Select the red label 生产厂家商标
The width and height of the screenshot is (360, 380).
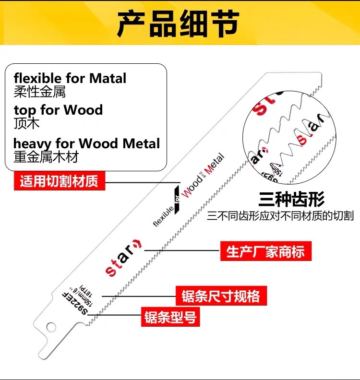point(265,251)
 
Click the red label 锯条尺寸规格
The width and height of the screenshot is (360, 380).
point(221,296)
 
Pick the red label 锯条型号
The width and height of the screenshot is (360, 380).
point(170,317)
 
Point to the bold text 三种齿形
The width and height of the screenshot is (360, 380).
point(291,199)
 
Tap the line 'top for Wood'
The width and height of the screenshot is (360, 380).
point(58,110)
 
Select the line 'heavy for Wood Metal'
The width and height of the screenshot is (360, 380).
point(86,143)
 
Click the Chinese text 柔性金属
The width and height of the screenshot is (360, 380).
point(39,91)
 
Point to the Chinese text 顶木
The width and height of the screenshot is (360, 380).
point(26,123)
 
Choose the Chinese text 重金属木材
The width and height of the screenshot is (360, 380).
point(46,156)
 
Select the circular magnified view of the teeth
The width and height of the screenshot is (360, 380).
point(289,137)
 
